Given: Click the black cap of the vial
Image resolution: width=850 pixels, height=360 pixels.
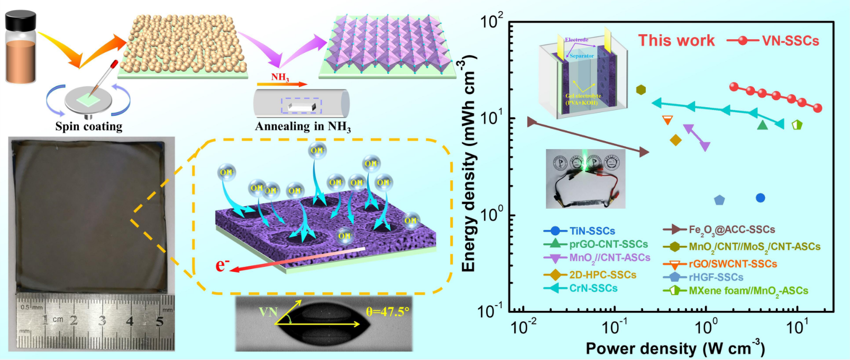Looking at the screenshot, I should point(21,22).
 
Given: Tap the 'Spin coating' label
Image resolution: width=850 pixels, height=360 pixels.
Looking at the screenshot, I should point(89,126).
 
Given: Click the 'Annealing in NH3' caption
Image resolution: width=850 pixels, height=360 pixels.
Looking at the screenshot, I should point(303,126).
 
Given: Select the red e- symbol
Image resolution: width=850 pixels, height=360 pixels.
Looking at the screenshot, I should point(222,264).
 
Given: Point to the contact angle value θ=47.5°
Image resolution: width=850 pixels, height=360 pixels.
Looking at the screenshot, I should point(388,312).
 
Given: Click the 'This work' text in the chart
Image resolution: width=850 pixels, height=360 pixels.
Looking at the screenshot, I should point(676,41).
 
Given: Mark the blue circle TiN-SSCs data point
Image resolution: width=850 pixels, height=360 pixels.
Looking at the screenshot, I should point(760,198).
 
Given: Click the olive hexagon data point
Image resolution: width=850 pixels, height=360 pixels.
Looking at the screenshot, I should point(641,90).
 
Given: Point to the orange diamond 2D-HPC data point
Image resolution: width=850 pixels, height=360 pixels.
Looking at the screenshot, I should point(675,140).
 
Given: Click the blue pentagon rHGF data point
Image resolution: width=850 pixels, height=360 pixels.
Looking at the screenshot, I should point(719,200).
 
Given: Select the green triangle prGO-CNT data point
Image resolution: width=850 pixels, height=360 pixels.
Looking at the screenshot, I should point(762,125).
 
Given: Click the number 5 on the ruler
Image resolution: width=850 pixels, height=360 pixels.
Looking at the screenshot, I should point(160,321).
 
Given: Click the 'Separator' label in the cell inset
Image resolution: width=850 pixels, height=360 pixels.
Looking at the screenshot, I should point(581,56).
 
